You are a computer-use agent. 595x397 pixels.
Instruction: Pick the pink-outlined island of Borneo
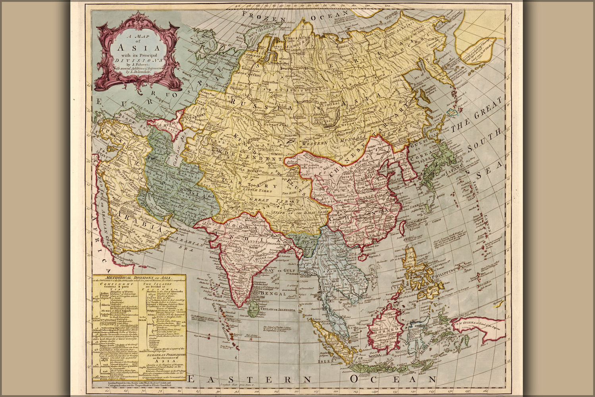click(x=383, y=330)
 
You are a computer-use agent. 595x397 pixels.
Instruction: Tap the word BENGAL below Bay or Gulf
click(x=273, y=294)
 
